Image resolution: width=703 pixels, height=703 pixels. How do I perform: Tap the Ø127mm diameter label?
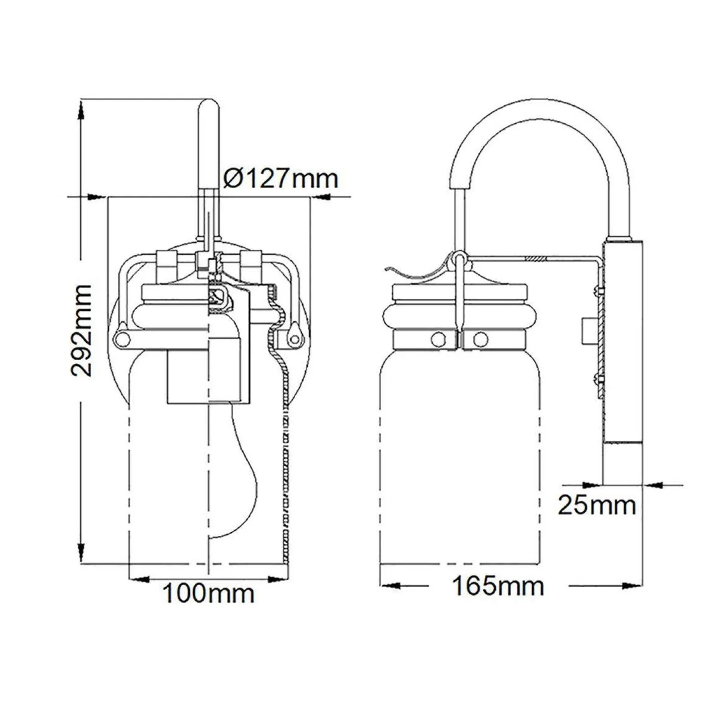(281, 178)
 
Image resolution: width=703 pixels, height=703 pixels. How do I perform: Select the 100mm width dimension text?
(208, 593)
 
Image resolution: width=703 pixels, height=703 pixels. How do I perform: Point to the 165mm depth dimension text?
(498, 586)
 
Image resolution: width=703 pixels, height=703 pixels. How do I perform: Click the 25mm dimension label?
(597, 505)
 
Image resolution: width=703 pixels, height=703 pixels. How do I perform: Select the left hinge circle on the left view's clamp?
(121, 338)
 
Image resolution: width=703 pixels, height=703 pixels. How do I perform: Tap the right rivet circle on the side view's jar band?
(480, 339)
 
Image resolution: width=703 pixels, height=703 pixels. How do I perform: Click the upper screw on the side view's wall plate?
(598, 291)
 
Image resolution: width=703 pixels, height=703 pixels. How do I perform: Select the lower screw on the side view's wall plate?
(598, 378)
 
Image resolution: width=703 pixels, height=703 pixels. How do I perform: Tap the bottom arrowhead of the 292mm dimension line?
(81, 552)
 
